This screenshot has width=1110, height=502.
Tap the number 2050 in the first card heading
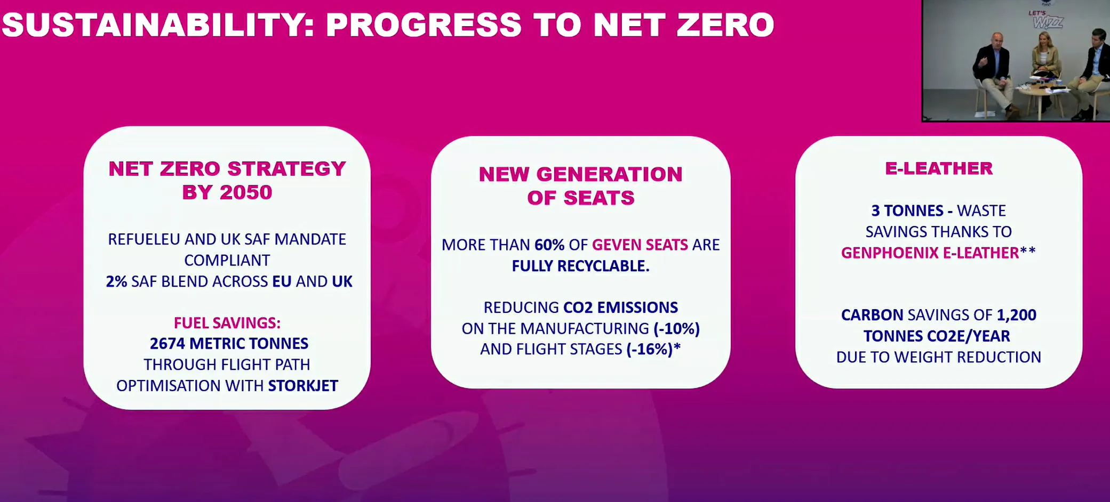(246, 192)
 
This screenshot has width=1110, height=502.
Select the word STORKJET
(303, 385)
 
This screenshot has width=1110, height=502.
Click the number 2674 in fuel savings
(167, 343)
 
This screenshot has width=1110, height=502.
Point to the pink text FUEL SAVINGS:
(227, 323)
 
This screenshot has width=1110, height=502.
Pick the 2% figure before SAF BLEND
(116, 281)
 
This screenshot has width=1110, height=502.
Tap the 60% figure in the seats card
(549, 245)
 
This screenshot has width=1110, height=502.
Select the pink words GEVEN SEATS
(640, 245)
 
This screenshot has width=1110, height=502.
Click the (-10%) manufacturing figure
(676, 328)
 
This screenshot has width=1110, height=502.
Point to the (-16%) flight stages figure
(650, 349)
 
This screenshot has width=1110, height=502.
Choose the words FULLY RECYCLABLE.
(581, 266)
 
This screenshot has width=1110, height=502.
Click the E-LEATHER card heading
(939, 168)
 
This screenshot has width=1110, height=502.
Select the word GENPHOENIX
(890, 253)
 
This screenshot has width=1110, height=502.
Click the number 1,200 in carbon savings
(1017, 315)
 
